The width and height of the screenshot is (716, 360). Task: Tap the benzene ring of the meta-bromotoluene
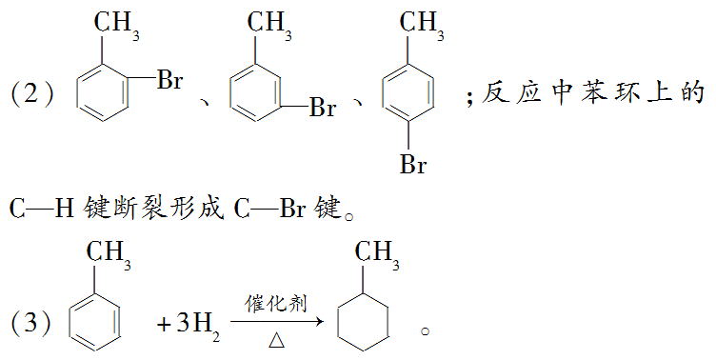(254, 95)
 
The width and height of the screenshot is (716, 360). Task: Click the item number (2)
(34, 95)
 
